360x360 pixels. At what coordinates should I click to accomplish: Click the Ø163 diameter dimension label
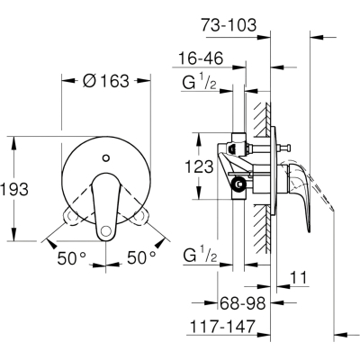(x=105, y=81)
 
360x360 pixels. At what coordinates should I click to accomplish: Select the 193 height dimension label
(x=14, y=189)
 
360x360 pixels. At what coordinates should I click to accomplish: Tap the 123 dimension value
(x=199, y=166)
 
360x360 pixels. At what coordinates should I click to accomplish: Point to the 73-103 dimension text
(x=229, y=25)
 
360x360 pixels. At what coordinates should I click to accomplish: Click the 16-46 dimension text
(x=201, y=58)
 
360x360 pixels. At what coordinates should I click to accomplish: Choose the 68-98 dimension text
(x=243, y=303)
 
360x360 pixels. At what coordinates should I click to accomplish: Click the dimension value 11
(x=299, y=278)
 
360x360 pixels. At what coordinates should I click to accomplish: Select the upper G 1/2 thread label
(x=199, y=83)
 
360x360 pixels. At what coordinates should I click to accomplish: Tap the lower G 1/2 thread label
(x=200, y=256)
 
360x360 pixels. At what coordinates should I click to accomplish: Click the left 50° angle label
(x=72, y=258)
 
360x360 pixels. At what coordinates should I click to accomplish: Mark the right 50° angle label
(x=141, y=257)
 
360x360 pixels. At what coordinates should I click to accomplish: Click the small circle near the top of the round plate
(x=105, y=157)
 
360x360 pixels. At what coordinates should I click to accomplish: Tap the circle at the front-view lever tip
(x=105, y=230)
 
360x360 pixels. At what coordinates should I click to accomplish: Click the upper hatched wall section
(x=262, y=119)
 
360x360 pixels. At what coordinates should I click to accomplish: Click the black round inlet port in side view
(x=239, y=184)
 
